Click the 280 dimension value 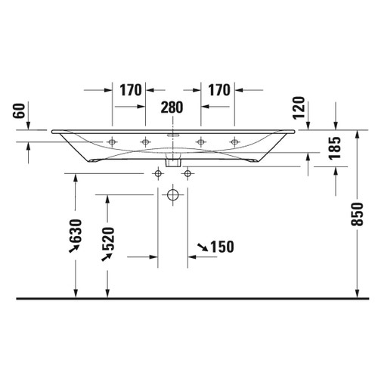tap(172, 107)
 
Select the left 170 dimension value tap(131, 90)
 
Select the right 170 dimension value tap(217, 90)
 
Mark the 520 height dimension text tap(107, 241)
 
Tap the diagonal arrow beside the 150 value tap(202, 247)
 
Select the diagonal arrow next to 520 tap(107, 259)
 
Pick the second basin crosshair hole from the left tap(146, 141)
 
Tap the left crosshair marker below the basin tap(158, 175)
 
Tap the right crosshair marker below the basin tap(187, 175)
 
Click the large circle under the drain tap(172, 197)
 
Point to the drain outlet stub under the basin tap(172, 161)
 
